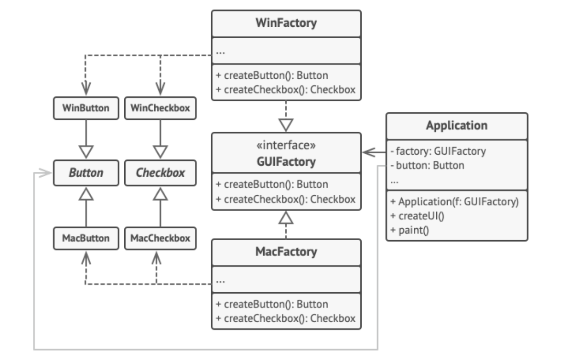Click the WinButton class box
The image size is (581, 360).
(x=86, y=108)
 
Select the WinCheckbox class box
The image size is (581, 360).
(x=160, y=108)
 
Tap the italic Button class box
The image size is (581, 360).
(x=86, y=173)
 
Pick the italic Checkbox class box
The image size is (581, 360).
(x=160, y=173)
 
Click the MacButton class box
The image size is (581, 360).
(x=86, y=238)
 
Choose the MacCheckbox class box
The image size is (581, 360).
(x=160, y=238)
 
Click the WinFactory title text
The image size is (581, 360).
(x=286, y=23)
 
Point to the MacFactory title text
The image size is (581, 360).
(x=286, y=252)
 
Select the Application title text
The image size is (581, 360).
(x=457, y=126)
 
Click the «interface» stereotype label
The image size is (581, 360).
(x=286, y=145)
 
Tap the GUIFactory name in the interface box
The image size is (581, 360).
(x=286, y=162)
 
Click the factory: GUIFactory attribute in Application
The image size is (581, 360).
(x=438, y=151)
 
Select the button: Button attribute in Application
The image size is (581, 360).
(x=427, y=165)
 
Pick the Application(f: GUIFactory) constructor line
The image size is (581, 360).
(x=454, y=201)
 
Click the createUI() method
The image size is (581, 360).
(x=417, y=216)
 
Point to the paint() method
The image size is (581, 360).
(x=410, y=230)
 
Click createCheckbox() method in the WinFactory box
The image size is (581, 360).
(x=286, y=90)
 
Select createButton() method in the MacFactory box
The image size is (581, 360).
(x=272, y=304)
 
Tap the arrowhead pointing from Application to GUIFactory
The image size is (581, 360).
(x=368, y=152)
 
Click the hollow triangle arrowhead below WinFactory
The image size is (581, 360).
(x=286, y=125)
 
